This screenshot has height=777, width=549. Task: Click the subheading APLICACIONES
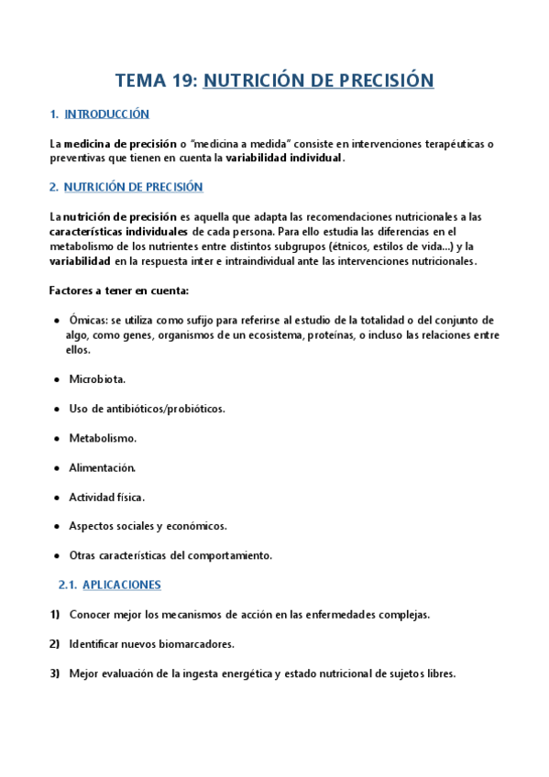(x=121, y=585)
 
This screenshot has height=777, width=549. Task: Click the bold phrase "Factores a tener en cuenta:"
(x=118, y=290)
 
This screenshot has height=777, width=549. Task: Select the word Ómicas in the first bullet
(x=88, y=321)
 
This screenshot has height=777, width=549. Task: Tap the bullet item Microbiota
(x=97, y=378)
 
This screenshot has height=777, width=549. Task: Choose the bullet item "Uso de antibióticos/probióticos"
(x=147, y=409)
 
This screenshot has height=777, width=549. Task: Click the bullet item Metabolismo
(x=103, y=438)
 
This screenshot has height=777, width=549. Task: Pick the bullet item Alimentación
(x=102, y=467)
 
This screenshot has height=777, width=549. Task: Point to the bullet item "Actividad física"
(x=106, y=497)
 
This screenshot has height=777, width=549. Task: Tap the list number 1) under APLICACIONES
(x=54, y=614)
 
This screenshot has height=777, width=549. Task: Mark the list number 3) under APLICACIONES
(x=54, y=673)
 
